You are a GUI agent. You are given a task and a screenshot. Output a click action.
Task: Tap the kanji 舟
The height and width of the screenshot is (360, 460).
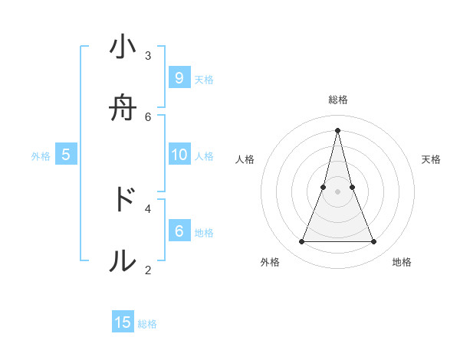123,109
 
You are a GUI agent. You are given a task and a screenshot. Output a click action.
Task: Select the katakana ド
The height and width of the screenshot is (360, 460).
123,199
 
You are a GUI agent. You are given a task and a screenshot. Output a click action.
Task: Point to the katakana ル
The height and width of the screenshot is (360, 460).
123,261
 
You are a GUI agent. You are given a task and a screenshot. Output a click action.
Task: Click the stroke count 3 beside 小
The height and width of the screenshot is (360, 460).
148,55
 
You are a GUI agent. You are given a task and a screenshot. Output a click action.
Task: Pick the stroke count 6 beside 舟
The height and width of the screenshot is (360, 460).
148,116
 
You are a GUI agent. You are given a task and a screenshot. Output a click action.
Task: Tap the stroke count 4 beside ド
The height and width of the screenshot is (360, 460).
148,208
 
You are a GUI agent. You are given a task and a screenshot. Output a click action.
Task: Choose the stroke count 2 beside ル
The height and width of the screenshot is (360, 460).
148,270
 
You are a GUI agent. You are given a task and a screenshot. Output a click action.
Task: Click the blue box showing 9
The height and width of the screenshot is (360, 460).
179,77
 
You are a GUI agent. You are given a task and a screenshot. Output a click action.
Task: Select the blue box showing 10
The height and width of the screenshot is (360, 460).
179,155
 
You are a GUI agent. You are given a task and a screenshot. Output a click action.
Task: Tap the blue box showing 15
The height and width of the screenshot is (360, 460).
123,322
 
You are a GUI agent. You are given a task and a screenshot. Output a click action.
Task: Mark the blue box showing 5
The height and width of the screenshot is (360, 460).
66,155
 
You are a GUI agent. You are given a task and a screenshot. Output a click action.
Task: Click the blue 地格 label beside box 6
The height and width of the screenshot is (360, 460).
204,232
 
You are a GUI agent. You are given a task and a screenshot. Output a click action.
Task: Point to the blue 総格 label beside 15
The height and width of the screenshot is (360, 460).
147,324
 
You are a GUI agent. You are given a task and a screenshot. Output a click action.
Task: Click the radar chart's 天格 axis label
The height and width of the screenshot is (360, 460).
431,159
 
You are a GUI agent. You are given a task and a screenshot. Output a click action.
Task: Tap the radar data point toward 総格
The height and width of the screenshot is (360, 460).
338,129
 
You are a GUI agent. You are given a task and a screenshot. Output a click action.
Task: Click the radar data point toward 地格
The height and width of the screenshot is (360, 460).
374,242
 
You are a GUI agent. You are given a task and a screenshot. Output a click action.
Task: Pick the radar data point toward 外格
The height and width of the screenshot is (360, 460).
301,242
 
